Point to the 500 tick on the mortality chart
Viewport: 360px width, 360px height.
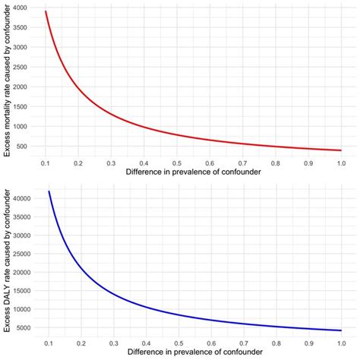(x=24, y=147)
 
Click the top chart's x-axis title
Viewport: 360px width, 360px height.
(x=193, y=173)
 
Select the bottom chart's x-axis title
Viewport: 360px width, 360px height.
(x=193, y=354)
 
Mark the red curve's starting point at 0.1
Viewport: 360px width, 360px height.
(x=45, y=11)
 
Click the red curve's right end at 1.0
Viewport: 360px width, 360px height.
(x=341, y=150)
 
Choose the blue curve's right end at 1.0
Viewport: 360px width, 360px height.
(x=341, y=330)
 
